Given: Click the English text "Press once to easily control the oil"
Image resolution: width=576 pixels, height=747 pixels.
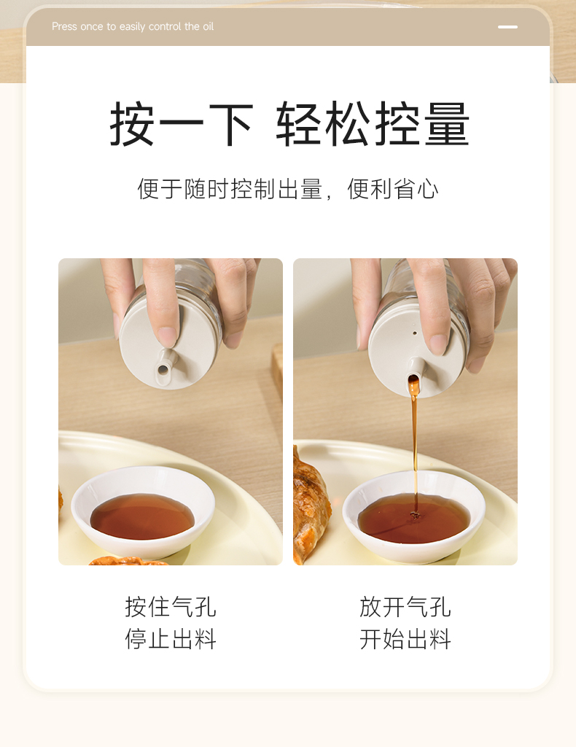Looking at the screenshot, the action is click(133, 27).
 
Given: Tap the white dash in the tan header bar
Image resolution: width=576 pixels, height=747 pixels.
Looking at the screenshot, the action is click(507, 27).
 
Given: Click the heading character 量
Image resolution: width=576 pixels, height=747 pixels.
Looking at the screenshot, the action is click(447, 124).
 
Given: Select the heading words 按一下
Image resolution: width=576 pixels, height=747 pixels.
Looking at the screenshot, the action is click(180, 124).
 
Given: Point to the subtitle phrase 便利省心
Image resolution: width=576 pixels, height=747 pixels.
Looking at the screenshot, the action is click(392, 189).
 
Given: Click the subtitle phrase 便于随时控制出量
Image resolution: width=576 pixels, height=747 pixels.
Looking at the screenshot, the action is click(230, 189).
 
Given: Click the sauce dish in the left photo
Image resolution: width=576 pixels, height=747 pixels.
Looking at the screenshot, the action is click(142, 512).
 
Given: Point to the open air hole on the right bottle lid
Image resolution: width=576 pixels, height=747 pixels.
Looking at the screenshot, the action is click(415, 333).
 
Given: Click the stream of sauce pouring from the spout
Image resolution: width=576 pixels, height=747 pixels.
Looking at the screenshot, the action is click(415, 448).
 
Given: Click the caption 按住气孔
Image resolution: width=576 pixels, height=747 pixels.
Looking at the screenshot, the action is click(171, 607).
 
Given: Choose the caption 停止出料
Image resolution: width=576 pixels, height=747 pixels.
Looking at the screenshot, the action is click(171, 638).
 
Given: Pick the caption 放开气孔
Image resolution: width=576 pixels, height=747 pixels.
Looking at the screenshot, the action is click(405, 607).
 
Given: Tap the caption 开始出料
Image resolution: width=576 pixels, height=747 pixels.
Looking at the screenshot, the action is click(405, 638).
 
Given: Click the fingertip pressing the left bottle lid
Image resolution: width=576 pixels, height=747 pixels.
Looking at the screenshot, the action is click(167, 336).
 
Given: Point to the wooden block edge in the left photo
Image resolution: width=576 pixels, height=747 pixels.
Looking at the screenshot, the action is click(277, 371).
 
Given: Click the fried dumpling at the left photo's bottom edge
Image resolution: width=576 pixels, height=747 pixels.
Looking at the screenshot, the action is click(128, 561).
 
